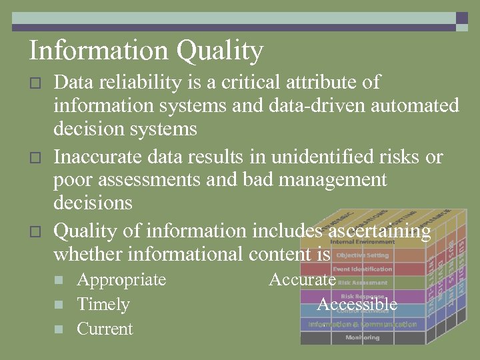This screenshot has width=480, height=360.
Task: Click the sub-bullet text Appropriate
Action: click(121, 279)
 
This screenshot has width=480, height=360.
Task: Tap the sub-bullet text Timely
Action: click(103, 304)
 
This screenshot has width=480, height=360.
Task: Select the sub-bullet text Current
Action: click(105, 329)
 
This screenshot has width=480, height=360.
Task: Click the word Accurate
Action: click(302, 279)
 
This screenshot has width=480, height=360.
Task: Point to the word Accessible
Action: click(357, 304)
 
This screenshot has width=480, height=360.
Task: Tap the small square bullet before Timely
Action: click(59, 305)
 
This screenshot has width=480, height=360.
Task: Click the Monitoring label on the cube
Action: click(362, 337)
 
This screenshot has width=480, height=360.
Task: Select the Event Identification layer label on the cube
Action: click(363, 269)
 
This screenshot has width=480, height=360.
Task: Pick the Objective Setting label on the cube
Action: click(362, 255)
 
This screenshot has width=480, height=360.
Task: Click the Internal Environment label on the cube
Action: click(362, 241)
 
